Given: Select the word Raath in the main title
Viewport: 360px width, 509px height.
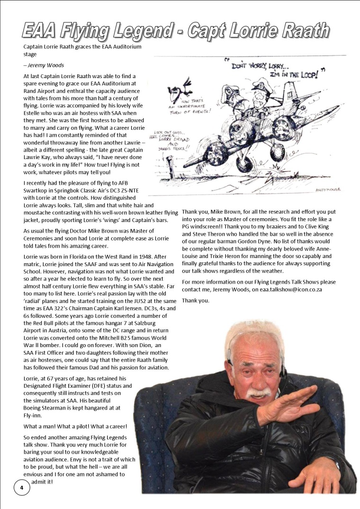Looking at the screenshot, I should coord(304,31).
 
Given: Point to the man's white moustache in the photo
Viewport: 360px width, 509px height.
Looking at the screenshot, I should coord(258,393).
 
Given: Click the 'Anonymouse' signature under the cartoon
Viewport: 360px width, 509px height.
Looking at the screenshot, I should coord(328,189).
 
